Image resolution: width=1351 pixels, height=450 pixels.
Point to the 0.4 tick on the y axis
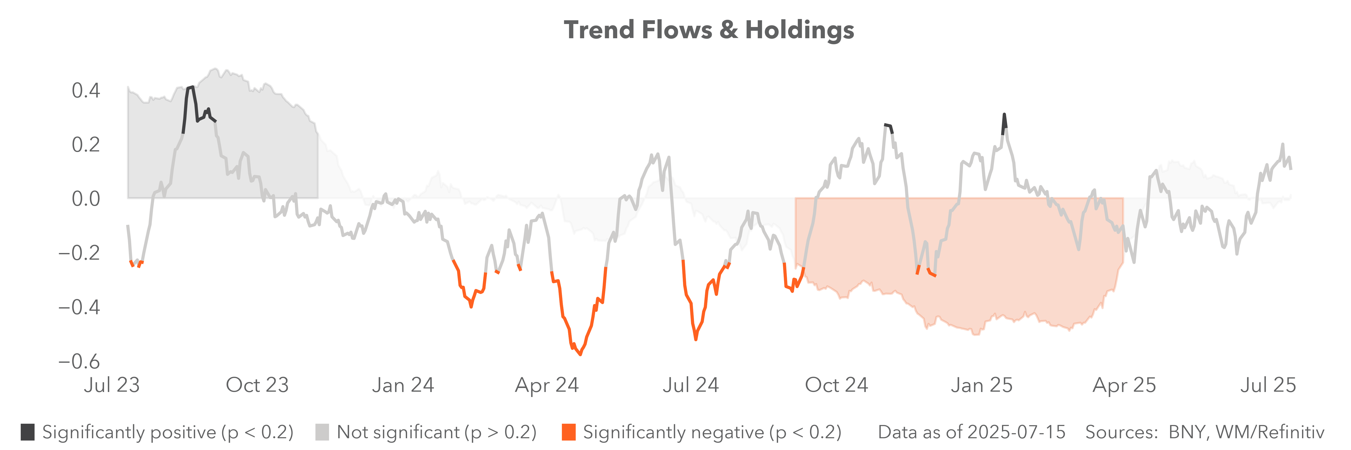tap(86, 91)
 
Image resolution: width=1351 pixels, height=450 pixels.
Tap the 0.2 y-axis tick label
tap(86, 144)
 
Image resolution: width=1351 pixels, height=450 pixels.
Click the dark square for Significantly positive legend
tap(28, 432)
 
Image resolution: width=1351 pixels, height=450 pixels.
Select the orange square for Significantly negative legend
tap(568, 432)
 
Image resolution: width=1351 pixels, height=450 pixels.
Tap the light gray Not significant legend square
tap(322, 432)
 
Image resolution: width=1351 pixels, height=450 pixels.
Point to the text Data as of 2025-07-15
tap(971, 432)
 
